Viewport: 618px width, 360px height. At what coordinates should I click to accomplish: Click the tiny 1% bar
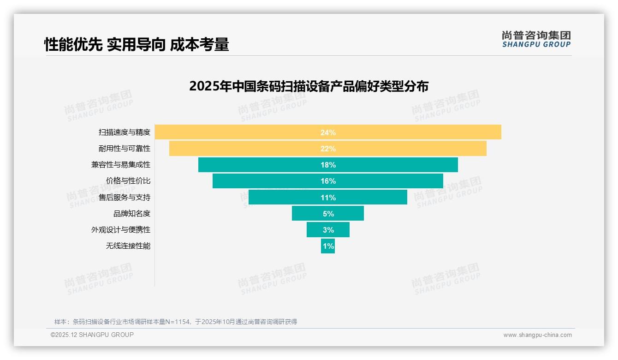coord(328,246)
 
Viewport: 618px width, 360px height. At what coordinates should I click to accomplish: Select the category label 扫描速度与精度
coord(125,132)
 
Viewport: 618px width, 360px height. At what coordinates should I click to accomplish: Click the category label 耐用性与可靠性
coord(125,149)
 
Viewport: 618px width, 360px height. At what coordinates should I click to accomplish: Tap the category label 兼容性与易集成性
coord(121,165)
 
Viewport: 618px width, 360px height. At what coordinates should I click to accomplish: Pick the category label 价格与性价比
coord(128,181)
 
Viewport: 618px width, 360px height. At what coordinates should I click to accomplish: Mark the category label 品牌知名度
coord(132,214)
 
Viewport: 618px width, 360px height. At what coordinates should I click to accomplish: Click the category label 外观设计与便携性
coord(121,230)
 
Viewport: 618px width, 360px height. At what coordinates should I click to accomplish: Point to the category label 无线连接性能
coord(128,246)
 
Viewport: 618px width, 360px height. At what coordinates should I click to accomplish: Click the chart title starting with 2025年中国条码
coord(309,86)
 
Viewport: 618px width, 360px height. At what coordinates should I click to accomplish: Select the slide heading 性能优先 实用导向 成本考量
coord(137,45)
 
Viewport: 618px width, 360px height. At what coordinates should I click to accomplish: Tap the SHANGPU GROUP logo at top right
coord(536,39)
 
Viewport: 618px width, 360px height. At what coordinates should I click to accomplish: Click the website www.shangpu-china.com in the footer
coord(537,335)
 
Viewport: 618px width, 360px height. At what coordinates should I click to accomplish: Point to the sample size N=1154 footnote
coord(175,322)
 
